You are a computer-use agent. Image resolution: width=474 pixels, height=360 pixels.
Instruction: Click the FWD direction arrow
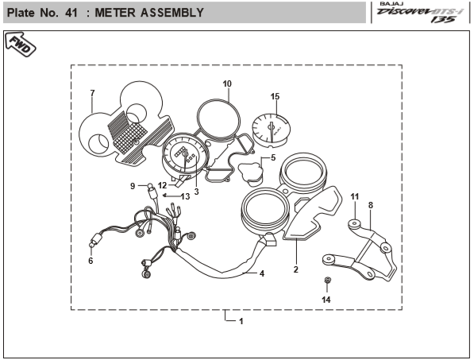(21, 45)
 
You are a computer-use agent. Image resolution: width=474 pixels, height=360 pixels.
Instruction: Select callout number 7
(93, 93)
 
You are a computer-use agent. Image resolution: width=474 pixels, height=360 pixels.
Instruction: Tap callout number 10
(227, 83)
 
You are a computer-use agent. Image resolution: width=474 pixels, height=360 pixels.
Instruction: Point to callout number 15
(275, 96)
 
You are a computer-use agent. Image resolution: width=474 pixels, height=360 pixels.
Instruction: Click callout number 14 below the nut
(326, 300)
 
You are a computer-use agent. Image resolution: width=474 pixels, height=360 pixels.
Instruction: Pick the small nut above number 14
(326, 281)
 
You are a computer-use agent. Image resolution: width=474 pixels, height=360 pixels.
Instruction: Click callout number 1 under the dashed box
(241, 321)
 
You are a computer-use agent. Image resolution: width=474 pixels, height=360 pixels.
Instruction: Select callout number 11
(355, 196)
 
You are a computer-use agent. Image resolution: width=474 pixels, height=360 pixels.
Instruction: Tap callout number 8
(371, 205)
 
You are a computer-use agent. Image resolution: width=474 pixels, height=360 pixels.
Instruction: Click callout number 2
(295, 269)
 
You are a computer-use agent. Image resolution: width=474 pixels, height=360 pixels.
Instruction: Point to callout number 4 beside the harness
(262, 273)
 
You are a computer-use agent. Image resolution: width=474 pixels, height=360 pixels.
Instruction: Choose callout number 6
(91, 261)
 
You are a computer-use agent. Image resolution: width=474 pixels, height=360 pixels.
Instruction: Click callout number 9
(133, 186)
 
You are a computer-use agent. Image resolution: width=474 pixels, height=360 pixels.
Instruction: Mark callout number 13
(185, 196)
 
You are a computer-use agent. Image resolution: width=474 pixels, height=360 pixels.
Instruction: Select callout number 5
(273, 157)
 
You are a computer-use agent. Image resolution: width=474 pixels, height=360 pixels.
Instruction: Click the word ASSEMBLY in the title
(172, 13)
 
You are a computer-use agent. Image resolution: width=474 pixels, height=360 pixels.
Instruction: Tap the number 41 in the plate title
(71, 13)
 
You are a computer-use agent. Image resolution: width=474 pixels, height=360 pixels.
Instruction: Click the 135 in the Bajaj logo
(443, 19)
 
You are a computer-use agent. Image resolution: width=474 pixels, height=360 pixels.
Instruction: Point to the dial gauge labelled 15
(272, 130)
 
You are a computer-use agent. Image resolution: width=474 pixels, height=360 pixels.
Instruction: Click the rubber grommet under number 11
(354, 224)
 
